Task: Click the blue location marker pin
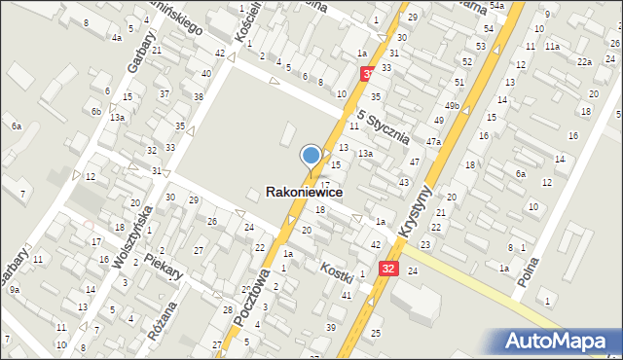tap(311, 156)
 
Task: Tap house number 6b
tap(96, 111)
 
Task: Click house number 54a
tap(498, 6)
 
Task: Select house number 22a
tap(583, 61)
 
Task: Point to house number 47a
tap(433, 142)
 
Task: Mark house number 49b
tap(452, 105)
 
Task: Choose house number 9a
tap(15, 290)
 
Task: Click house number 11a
tap(552, 46)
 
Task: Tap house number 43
tap(403, 183)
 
